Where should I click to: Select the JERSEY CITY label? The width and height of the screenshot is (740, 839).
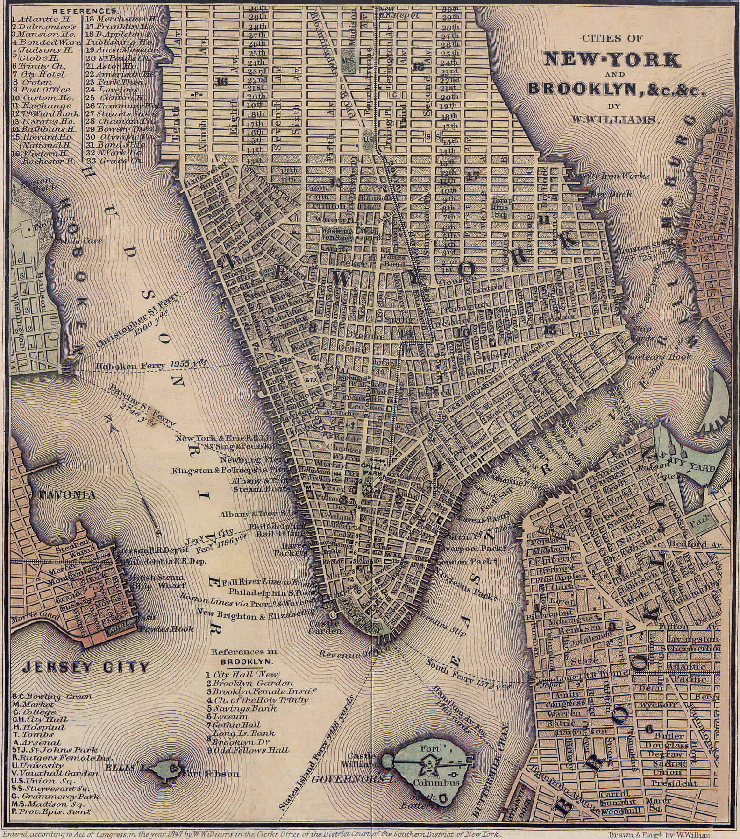point(85,666)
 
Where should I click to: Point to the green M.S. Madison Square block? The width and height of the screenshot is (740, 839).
point(349,61)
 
